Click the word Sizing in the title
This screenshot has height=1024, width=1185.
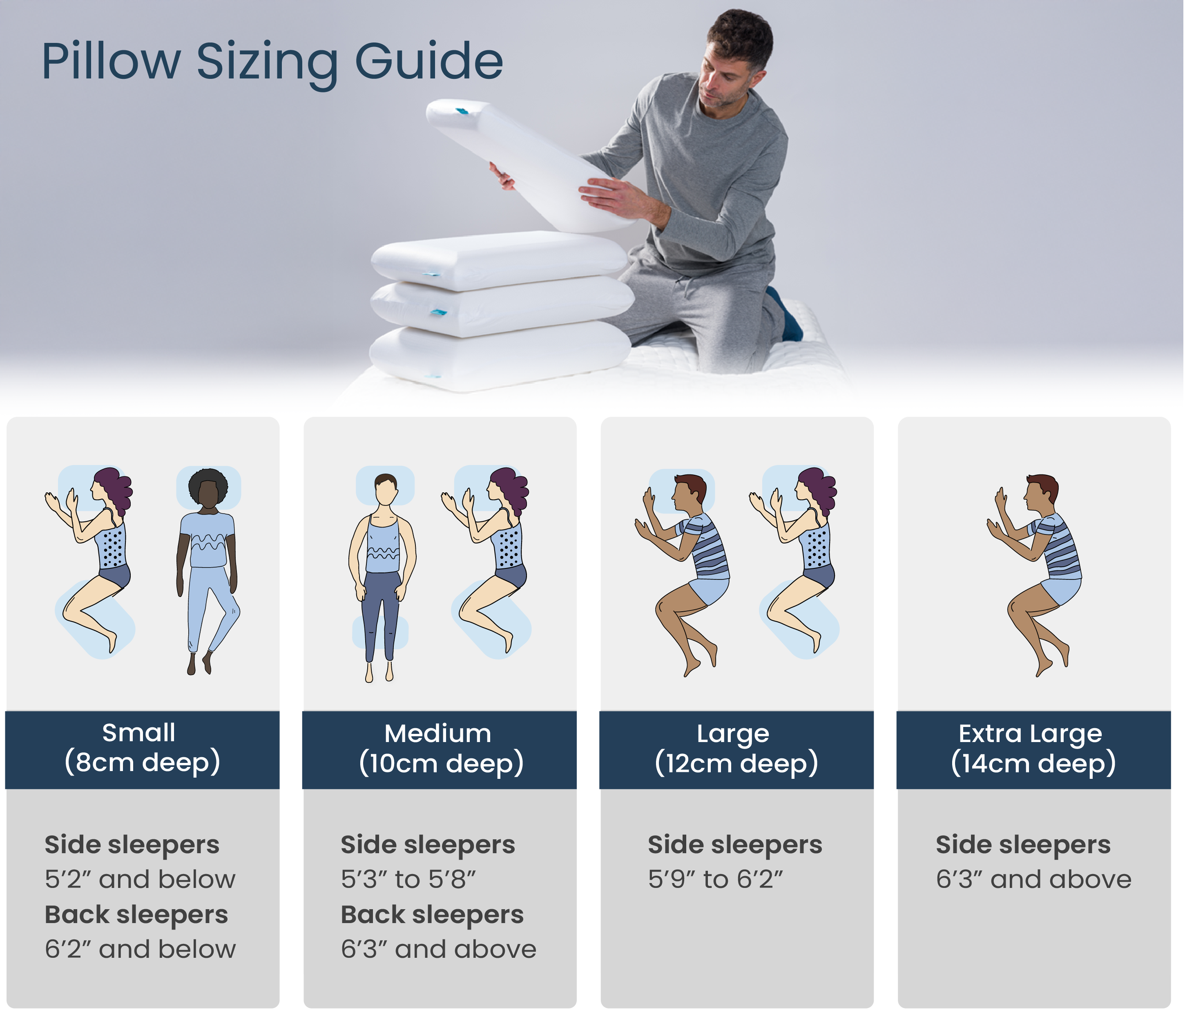click(x=267, y=62)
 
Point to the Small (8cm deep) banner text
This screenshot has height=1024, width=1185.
click(x=141, y=748)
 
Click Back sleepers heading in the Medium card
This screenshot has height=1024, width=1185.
click(x=432, y=914)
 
